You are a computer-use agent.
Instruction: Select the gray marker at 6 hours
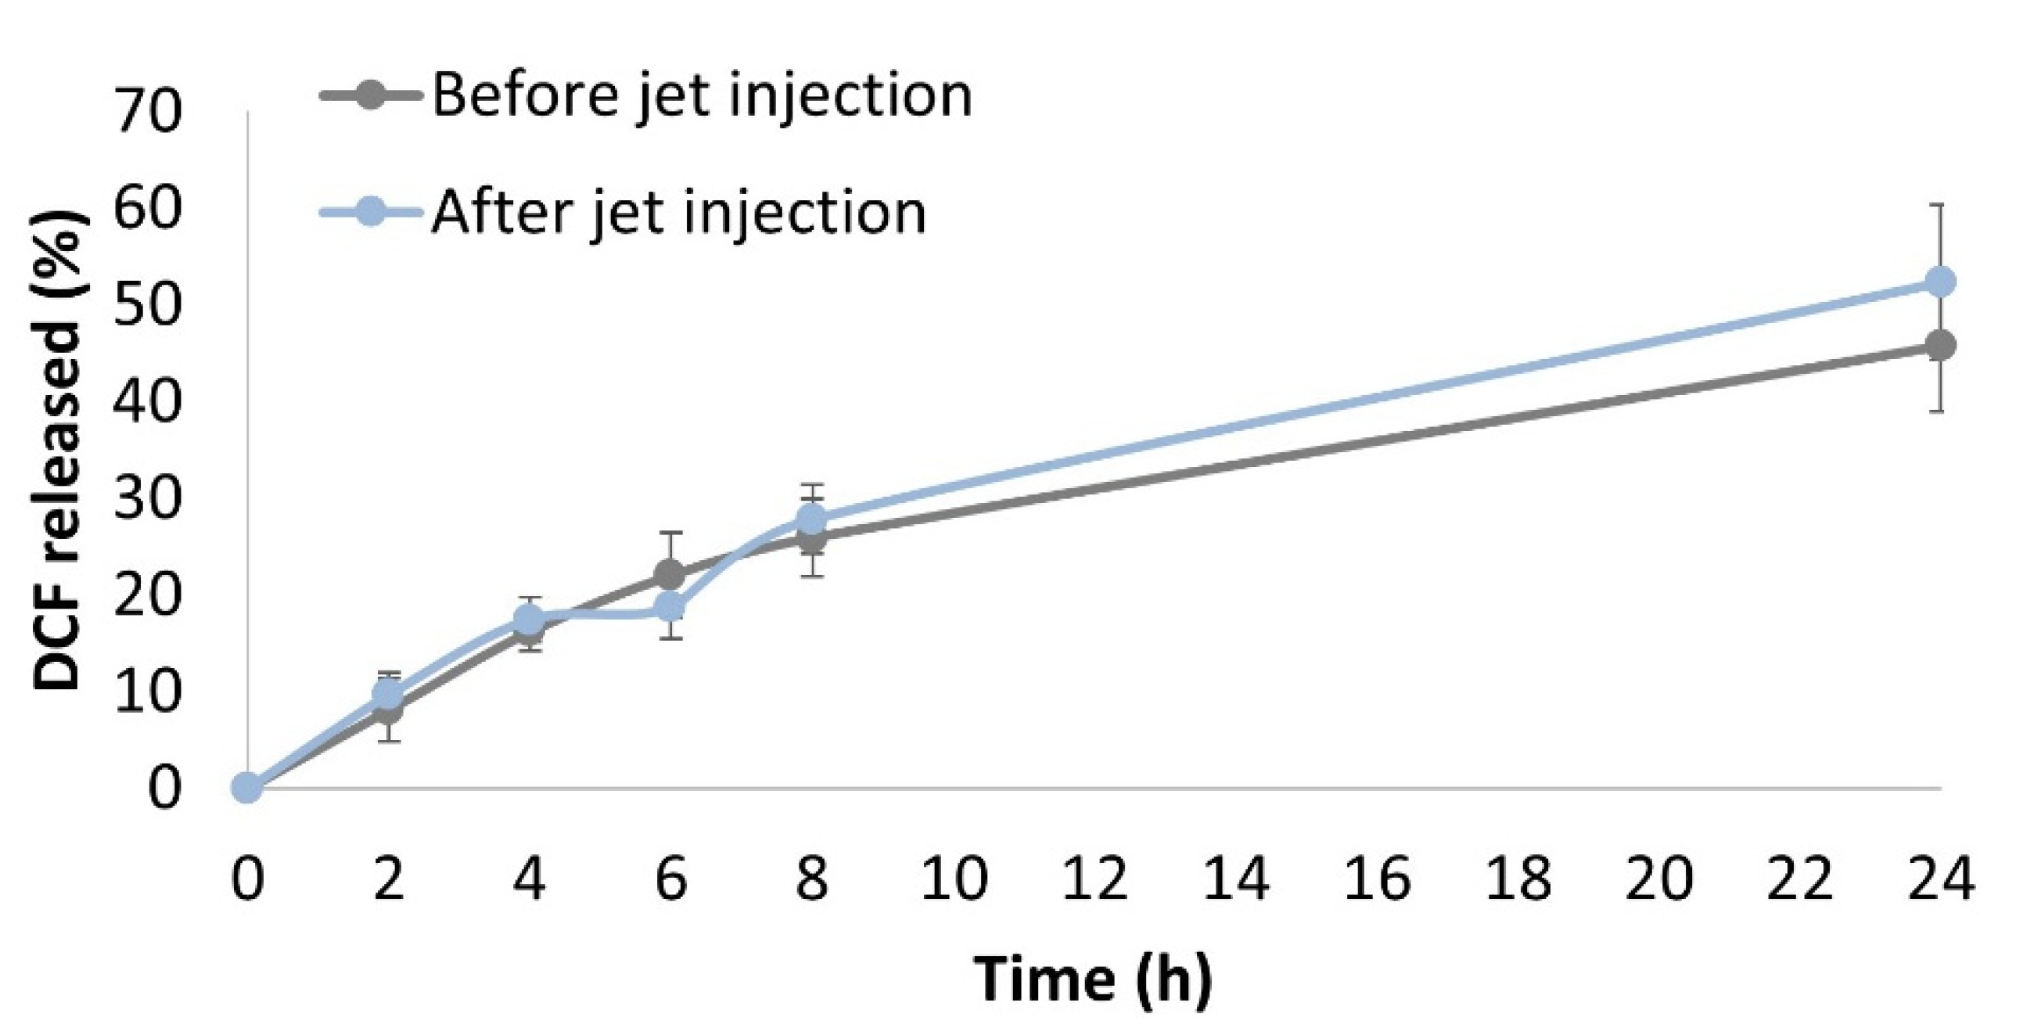(x=670, y=575)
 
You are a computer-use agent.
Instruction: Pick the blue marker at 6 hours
(x=670, y=607)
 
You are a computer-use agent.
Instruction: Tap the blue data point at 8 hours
(x=812, y=519)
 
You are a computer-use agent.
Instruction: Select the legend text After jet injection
(x=678, y=214)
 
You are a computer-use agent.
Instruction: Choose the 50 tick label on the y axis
(x=148, y=305)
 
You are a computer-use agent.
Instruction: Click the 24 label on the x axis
(x=1940, y=879)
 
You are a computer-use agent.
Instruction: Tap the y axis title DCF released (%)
(x=58, y=448)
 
